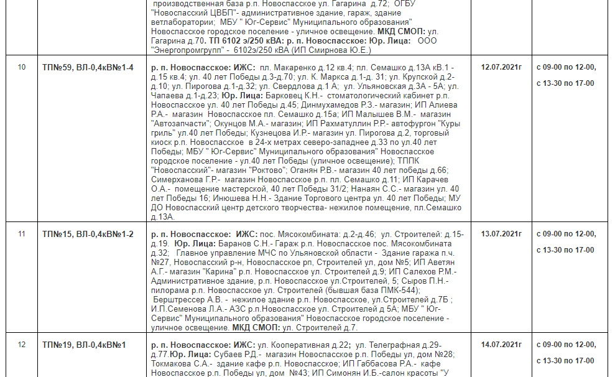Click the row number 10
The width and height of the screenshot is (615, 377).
coord(22,67)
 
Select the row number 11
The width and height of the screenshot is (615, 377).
coord(22,234)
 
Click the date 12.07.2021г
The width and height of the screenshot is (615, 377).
coord(501,67)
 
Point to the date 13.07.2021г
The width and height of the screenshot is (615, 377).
coord(501,234)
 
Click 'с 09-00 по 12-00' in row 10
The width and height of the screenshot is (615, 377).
coord(565,67)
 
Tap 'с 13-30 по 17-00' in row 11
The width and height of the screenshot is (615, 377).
coord(565,250)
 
